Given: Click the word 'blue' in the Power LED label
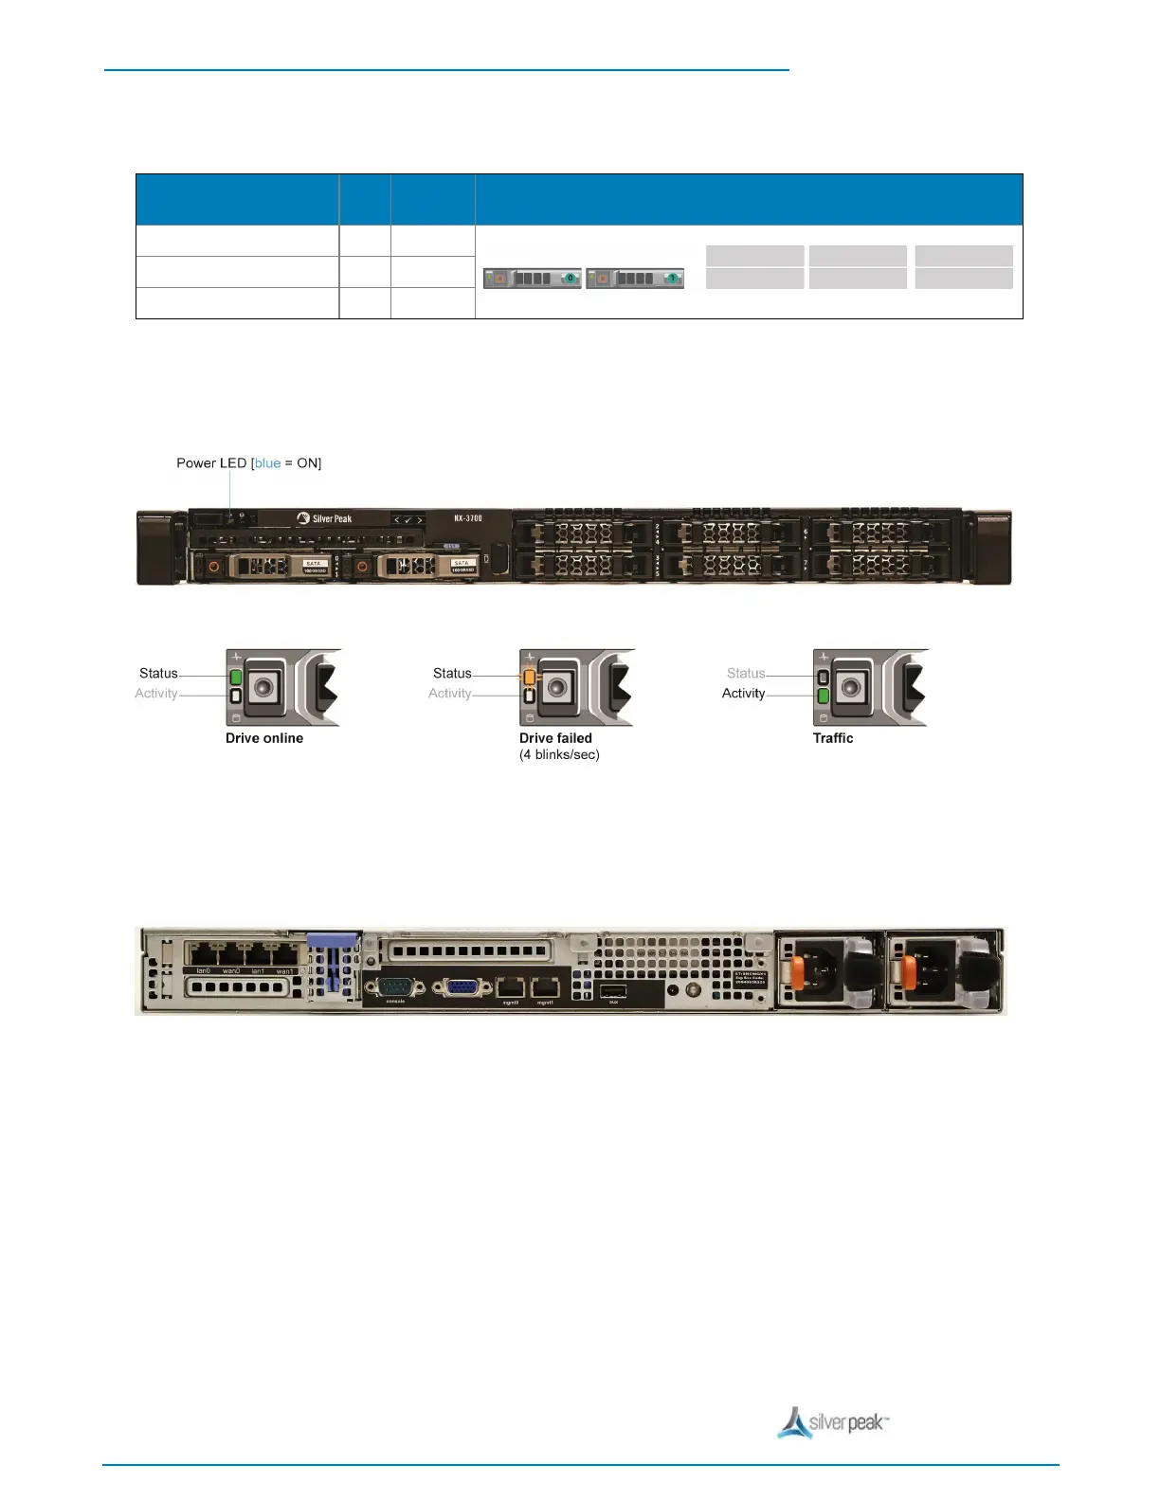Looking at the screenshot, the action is point(267,463).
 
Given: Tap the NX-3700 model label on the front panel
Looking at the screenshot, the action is point(467,518).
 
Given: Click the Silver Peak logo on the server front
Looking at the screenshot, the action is point(324,518).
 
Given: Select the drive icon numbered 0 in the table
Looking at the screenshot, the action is point(532,279).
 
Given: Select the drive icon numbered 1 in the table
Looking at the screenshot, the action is point(635,279).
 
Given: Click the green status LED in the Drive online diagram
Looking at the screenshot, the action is point(236,677).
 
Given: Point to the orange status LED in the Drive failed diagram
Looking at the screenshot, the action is point(530,678).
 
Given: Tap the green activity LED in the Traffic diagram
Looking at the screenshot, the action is point(824,696).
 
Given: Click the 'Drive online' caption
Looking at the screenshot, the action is point(264,738).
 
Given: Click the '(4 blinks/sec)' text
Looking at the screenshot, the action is point(559,755).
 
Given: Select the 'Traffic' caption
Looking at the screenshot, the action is point(833,738).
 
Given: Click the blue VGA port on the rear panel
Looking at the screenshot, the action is point(462,987).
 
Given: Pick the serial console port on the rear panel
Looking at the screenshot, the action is point(395,987).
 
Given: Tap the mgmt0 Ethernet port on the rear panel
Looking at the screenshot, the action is point(511,987).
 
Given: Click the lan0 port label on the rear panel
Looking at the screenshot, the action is point(203,971).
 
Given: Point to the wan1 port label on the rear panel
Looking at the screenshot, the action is point(284,971).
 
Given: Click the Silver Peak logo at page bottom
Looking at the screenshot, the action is point(834,1423).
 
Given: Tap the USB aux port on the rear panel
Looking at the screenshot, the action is point(613,991).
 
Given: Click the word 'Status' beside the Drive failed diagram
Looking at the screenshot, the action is point(452,674).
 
